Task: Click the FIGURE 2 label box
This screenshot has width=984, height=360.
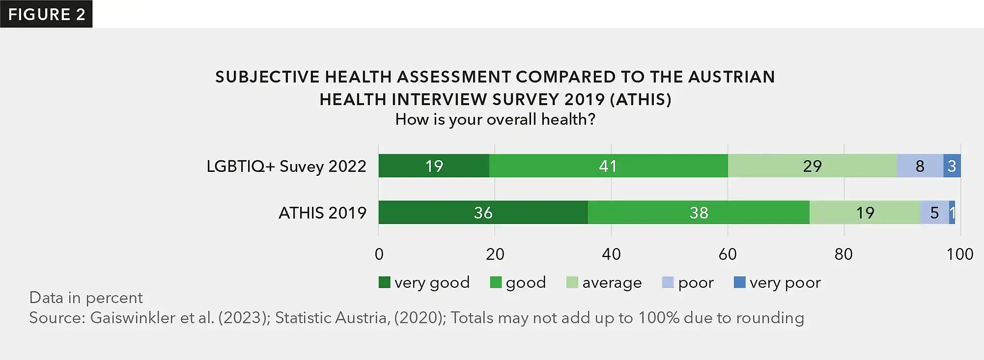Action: tap(46, 14)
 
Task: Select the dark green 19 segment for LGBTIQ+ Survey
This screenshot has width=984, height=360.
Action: tap(434, 166)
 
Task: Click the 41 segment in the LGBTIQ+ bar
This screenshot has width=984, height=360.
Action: tap(608, 166)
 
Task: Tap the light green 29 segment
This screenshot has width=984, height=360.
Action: tap(812, 166)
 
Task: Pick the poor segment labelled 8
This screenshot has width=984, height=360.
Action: tap(920, 166)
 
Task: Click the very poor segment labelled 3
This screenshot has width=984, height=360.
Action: tap(952, 166)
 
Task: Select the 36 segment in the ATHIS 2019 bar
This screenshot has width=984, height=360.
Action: tap(483, 213)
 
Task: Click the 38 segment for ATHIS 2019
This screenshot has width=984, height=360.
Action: tap(699, 213)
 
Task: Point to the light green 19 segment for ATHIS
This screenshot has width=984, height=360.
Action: tap(865, 213)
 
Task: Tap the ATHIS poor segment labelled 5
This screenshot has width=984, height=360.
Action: tap(934, 213)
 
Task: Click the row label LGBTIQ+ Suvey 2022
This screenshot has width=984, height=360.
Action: tap(286, 166)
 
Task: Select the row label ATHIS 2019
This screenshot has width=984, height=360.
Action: tap(322, 213)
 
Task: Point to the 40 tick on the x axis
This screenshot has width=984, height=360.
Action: tap(611, 254)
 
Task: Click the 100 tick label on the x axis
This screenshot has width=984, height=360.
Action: tap(960, 254)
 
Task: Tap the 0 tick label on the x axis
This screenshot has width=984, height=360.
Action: tap(379, 254)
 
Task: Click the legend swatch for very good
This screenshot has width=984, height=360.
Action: tap(384, 282)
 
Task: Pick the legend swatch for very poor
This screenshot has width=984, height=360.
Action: tap(739, 282)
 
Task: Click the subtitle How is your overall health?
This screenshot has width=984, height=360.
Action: tap(495, 119)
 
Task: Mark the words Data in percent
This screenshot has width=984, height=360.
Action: tap(86, 298)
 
